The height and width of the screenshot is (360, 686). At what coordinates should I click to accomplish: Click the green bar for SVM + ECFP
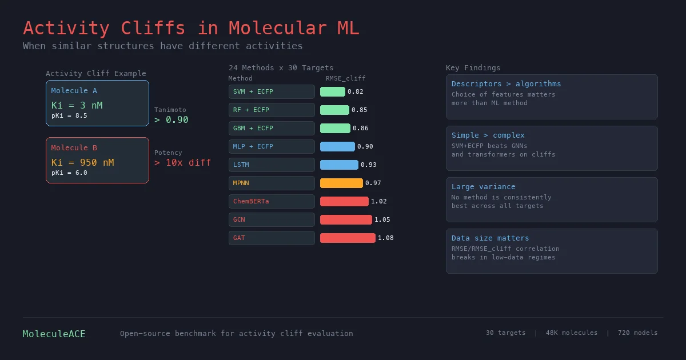point(332,91)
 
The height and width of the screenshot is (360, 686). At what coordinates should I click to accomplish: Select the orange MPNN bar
point(341,183)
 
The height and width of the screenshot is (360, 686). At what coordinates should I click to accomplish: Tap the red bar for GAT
point(348,238)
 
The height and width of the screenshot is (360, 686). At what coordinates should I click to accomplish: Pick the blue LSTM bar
point(339,165)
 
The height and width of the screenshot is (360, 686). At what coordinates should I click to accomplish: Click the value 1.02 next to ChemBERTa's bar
point(378,201)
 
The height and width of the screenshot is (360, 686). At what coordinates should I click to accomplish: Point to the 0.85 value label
point(359,110)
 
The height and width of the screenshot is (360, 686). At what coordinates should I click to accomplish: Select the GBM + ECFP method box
point(272,128)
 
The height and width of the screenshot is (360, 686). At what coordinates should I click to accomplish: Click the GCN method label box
point(272,219)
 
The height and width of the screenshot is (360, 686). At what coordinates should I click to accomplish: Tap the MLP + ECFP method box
point(272,146)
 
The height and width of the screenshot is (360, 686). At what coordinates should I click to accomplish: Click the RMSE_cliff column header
point(345,78)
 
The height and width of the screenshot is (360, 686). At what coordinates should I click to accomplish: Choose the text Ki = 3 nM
point(77,105)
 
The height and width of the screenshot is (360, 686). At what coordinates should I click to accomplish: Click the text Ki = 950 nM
point(82,162)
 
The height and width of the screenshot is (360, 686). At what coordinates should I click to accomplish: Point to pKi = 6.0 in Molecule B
point(69,173)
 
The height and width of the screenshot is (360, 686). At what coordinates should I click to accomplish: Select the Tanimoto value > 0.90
point(171,119)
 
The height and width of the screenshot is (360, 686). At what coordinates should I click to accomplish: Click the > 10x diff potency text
point(182,162)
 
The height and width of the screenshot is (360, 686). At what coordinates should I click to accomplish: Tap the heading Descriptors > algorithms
point(506,84)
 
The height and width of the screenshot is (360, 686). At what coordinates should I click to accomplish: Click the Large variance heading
point(483,187)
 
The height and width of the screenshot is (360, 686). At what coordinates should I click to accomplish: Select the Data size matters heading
point(490,238)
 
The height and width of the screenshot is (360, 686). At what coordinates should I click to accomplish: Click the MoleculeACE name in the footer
point(54,334)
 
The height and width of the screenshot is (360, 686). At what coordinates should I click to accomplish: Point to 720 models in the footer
point(637,333)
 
